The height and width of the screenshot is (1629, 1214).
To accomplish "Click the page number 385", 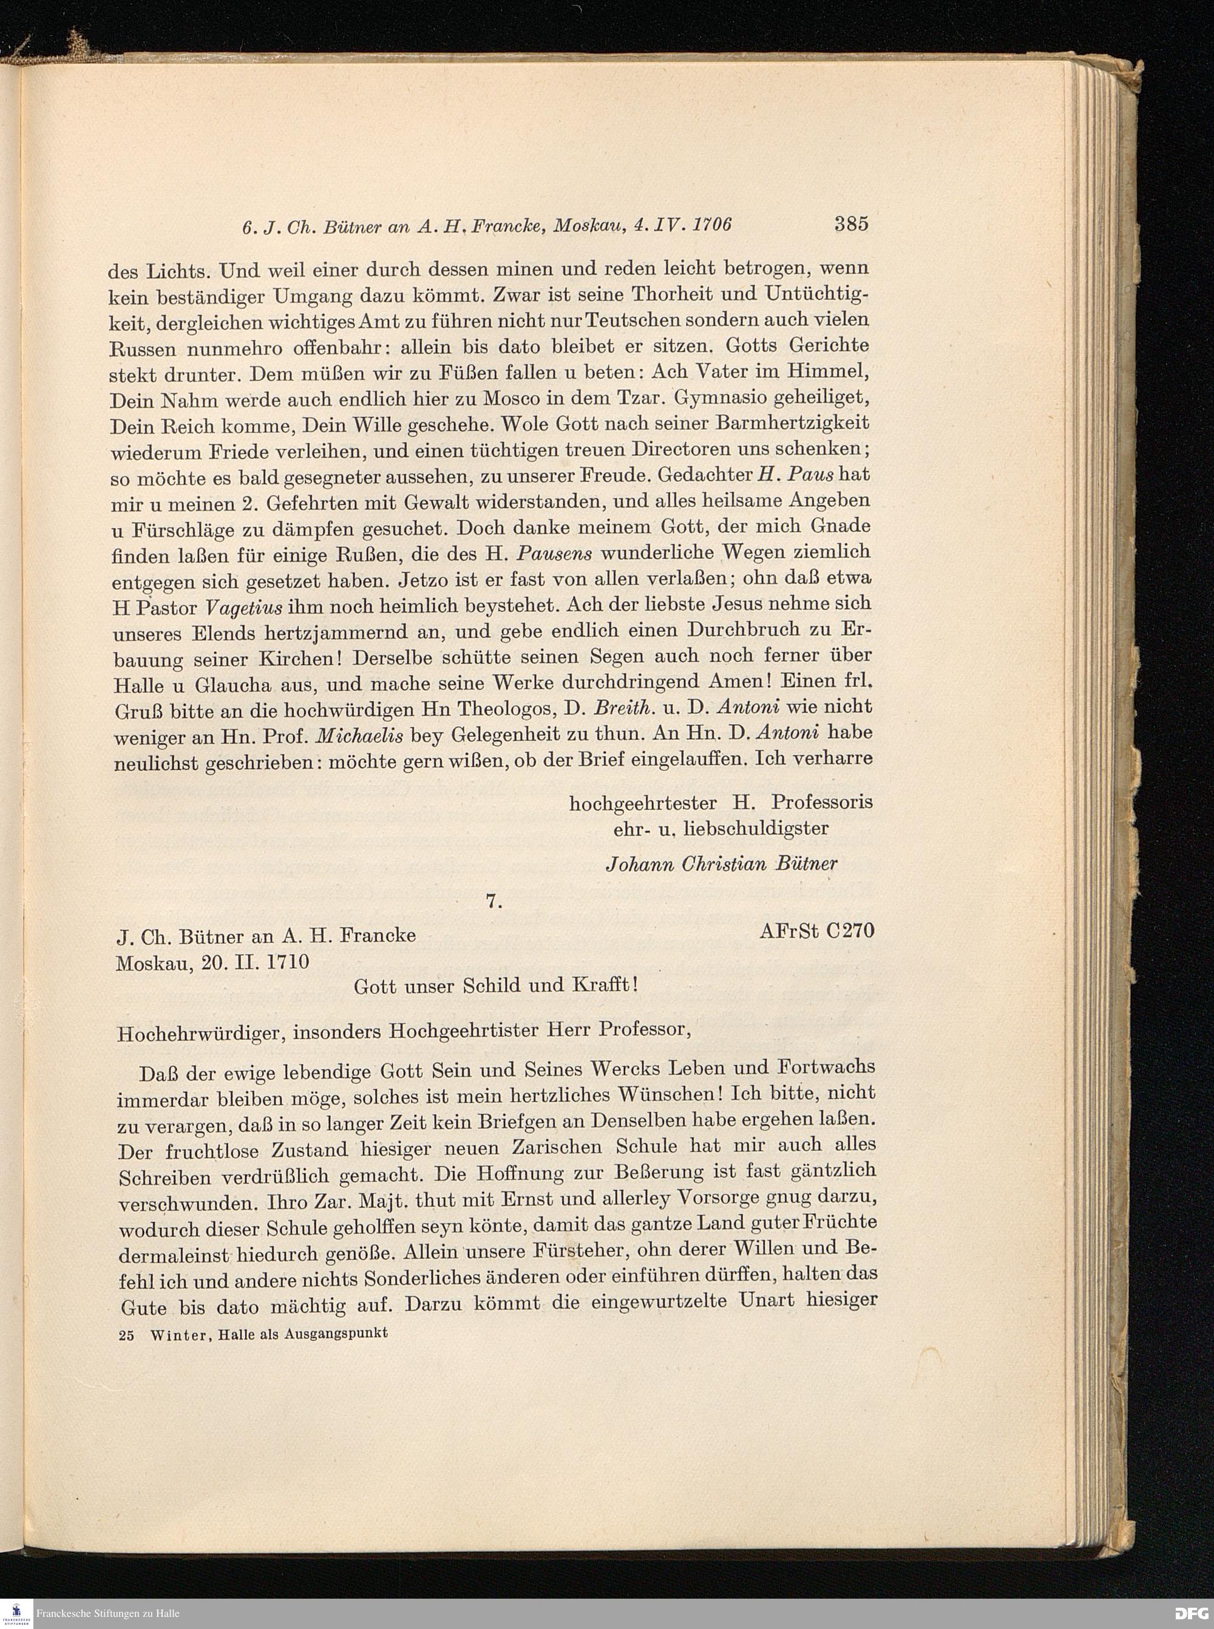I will [x=851, y=223].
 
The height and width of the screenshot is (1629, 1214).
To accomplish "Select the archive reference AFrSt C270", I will [x=817, y=931].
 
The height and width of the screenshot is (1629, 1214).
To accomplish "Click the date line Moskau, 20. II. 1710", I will [x=212, y=963].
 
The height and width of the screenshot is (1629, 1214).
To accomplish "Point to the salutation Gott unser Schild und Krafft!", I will [x=496, y=985].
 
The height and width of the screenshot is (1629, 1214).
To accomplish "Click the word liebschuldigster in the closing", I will [x=756, y=828].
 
